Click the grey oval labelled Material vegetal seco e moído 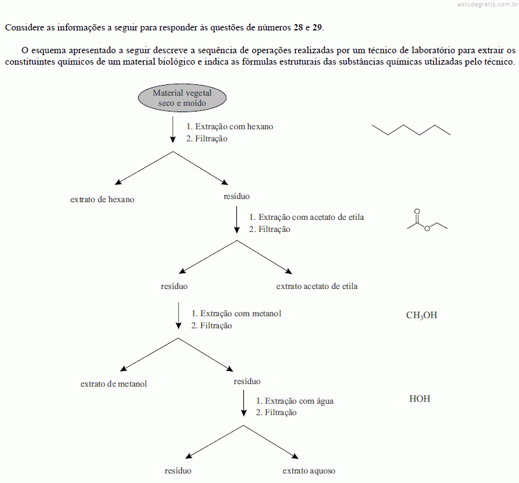182,98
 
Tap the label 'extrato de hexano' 102,199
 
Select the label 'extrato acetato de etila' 317,286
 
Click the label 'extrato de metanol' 113,383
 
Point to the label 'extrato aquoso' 309,471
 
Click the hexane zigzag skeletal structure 411,130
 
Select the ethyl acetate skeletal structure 427,221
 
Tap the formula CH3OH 421,315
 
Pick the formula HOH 420,399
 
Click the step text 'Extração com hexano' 234,127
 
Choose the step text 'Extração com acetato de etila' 311,217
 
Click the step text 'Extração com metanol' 241,314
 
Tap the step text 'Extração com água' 299,401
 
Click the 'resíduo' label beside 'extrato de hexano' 236,196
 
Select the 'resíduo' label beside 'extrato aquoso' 178,471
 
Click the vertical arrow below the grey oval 173,129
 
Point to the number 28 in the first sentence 298,27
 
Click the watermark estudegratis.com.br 488,4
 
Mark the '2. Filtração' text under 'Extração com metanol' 212,325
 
